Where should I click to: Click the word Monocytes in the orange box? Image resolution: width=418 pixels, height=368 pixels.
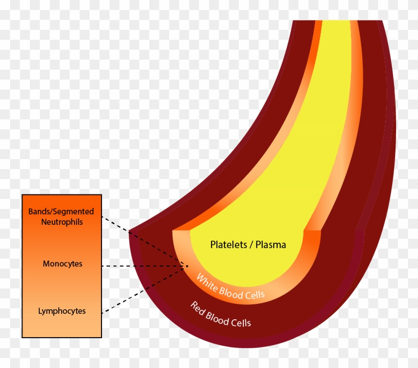62,264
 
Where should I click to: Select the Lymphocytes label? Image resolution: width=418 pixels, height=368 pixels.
62,311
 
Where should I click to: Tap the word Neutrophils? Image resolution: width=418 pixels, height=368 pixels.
62,222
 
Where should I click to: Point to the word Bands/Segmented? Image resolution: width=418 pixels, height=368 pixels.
61,212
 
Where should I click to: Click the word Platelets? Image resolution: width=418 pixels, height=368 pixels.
226,245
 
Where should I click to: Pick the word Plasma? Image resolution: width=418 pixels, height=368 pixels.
271,245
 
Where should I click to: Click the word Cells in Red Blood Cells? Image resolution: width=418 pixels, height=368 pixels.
241,322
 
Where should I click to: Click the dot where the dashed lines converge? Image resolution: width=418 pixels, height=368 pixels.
187,266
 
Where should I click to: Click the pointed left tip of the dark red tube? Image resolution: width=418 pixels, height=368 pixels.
129,232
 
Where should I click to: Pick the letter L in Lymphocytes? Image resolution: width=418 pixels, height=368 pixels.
40,311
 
